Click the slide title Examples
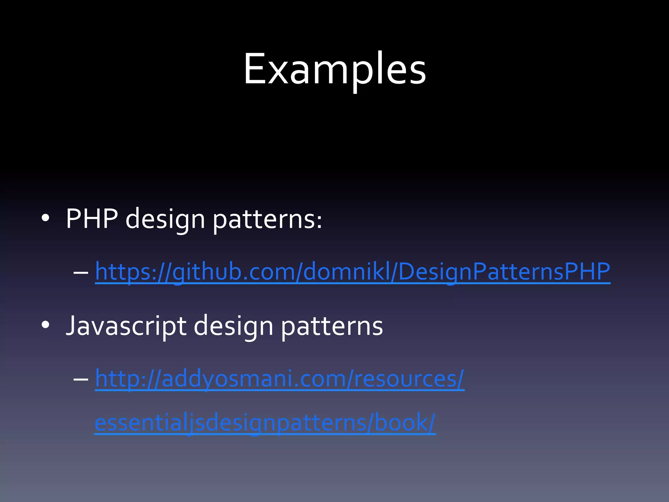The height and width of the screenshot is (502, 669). (334, 69)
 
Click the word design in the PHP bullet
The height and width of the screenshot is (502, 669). (165, 219)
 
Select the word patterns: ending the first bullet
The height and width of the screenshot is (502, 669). (267, 219)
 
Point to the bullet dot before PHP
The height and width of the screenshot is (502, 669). (45, 218)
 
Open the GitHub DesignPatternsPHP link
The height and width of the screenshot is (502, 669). (352, 272)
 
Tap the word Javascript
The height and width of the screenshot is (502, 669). (126, 326)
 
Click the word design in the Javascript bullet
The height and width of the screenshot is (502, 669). (233, 326)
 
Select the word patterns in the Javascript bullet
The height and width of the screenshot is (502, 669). (332, 326)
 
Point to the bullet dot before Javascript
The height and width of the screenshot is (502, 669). (45, 325)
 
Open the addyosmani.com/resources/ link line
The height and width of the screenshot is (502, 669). (280, 379)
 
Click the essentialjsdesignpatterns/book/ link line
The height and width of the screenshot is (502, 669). (265, 423)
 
